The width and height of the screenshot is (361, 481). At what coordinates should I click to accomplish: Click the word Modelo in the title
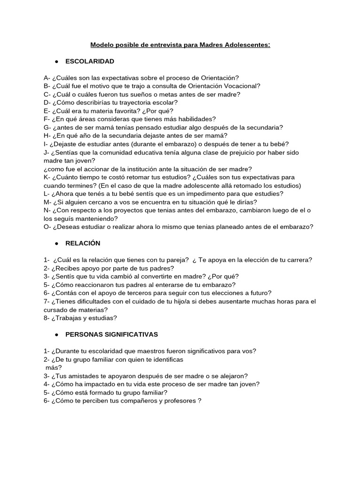[x=102, y=45]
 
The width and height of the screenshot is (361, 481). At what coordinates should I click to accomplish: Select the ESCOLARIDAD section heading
[x=90, y=62]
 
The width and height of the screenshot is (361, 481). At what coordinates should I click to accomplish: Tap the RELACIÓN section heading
[x=83, y=243]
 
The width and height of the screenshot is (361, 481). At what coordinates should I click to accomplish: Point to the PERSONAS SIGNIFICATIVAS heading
[x=112, y=334]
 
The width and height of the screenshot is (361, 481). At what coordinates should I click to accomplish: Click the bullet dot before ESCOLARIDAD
[x=56, y=62]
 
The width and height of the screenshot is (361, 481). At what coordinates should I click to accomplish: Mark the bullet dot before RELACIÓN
[x=56, y=243]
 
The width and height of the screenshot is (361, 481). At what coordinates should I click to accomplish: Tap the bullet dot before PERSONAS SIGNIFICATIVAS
[x=56, y=334]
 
